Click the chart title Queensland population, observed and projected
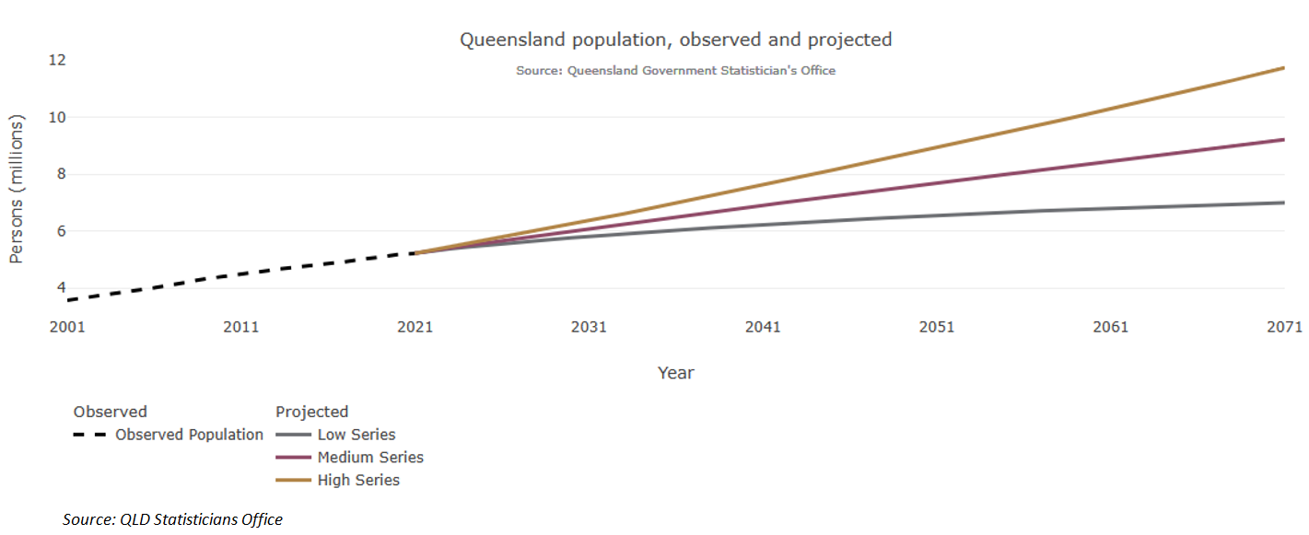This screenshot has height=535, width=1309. coord(675,40)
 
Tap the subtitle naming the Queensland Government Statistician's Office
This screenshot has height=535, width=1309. coord(675,70)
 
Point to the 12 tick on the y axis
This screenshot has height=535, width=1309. coord(57,60)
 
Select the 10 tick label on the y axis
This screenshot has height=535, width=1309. coord(57,117)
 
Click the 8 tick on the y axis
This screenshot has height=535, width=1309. coord(61,174)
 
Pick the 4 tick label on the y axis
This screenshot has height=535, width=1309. coord(61,288)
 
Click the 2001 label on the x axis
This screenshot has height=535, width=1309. coord(67,327)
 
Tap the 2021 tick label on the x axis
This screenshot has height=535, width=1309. coord(415,327)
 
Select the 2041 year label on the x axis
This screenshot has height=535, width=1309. coord(763,327)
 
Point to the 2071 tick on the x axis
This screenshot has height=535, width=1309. coord(1284,327)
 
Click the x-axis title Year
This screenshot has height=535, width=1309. coord(675,373)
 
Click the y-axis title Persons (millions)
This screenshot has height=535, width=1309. coord(17,189)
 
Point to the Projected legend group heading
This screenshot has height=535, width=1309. coord(311,412)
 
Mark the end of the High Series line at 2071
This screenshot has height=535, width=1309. coord(1283,67)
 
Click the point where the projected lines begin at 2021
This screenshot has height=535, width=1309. coord(416,252)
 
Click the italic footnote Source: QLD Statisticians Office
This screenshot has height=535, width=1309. coord(172,519)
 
